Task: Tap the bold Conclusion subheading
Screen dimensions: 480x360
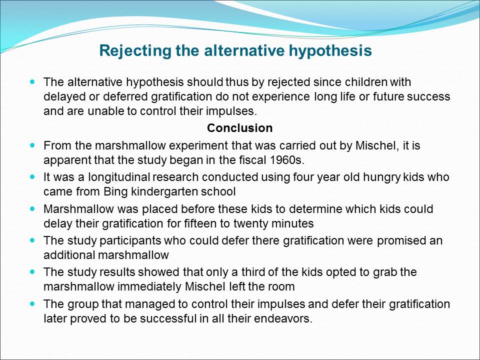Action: [x=239, y=128]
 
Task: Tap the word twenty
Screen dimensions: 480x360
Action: [x=248, y=223]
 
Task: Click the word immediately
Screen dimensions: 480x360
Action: [x=149, y=287]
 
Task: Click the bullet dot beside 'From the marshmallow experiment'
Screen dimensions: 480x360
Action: [x=33, y=145]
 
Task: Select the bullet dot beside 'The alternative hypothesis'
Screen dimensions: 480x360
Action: [x=33, y=81]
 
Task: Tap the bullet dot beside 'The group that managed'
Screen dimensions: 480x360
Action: [x=33, y=303]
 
